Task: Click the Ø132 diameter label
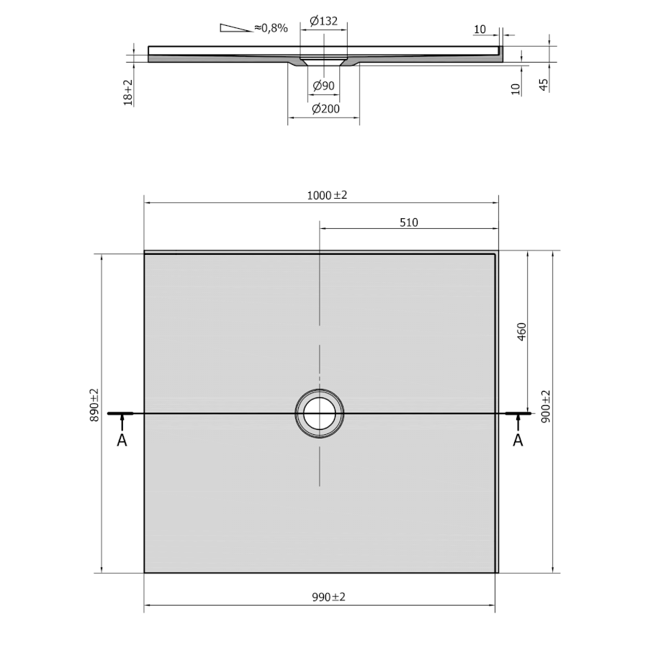coord(323,21)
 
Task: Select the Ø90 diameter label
coord(323,86)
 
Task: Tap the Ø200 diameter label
coord(325,109)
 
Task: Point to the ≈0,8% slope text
coord(271,28)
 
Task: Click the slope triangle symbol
coord(235,27)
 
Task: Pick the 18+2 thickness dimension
coord(128,93)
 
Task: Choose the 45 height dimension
coord(544,85)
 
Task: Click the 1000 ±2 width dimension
coord(327,195)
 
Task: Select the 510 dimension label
coord(409,222)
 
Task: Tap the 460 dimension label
coord(521,331)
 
